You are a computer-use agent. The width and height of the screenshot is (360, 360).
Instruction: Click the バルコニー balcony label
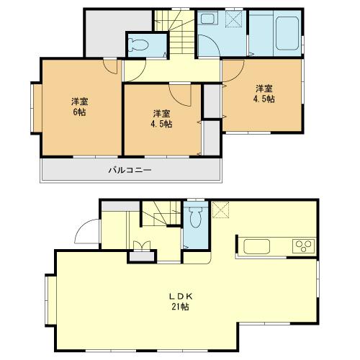point(130,170)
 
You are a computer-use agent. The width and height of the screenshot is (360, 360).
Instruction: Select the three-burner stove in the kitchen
point(303,246)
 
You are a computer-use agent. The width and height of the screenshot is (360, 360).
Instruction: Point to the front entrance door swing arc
point(84,230)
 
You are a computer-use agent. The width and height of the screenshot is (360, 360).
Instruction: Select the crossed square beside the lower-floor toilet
point(220,210)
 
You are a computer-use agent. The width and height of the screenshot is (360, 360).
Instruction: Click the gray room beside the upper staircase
point(105,32)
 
